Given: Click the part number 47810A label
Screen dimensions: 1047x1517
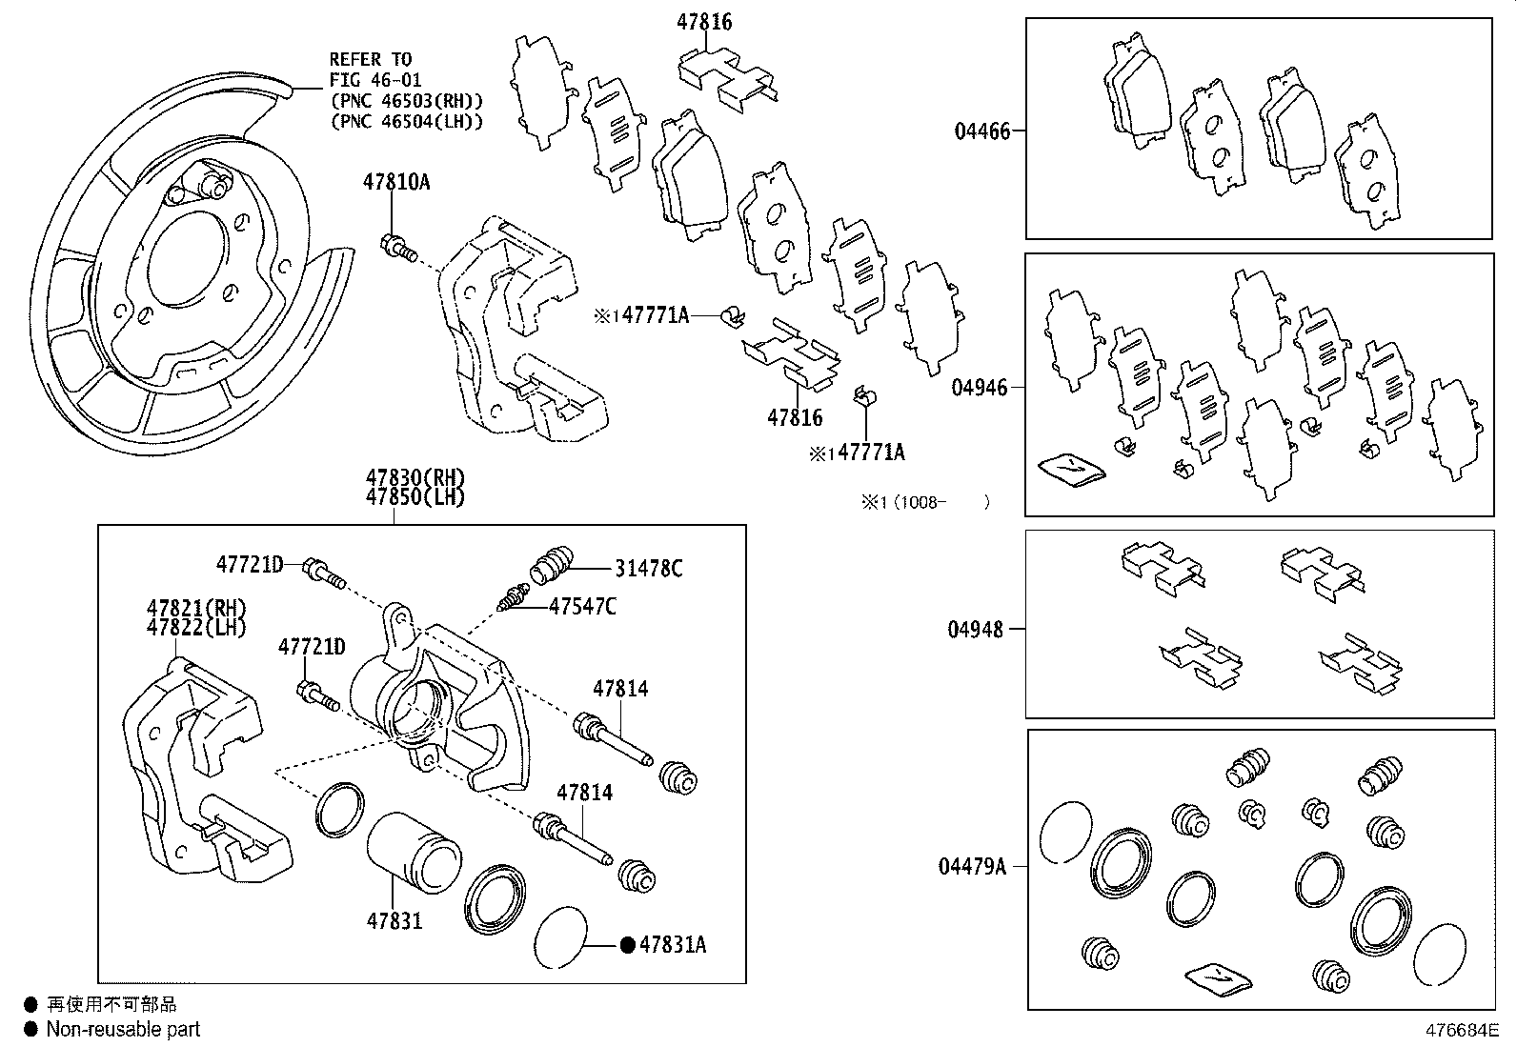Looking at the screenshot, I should click(395, 181).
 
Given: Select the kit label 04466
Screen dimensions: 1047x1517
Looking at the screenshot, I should click(981, 131).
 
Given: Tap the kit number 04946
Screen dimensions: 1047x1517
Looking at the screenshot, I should click(979, 388).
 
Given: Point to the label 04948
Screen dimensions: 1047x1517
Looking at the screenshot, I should click(975, 630).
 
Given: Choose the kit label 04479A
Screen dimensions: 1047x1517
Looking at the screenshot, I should click(972, 866).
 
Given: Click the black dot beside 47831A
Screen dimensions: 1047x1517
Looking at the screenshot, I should click(627, 945).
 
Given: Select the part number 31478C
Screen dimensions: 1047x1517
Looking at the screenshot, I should click(648, 569).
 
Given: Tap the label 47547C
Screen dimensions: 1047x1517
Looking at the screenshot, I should click(582, 606).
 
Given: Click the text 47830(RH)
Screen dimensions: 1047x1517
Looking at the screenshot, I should click(415, 478).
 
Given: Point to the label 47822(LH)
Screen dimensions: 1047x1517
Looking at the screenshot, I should click(196, 628).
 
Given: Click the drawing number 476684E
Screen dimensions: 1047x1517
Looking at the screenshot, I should click(1462, 1030).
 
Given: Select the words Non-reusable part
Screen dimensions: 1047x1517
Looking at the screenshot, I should click(123, 1029).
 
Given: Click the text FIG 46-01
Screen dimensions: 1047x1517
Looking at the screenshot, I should click(375, 80).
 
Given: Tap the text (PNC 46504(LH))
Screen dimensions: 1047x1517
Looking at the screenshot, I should click(406, 121).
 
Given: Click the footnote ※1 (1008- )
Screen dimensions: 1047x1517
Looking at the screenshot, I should click(925, 502).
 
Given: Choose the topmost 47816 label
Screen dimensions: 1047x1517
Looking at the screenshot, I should click(705, 21).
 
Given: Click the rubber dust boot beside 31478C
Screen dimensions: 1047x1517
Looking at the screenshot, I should click(551, 562).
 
